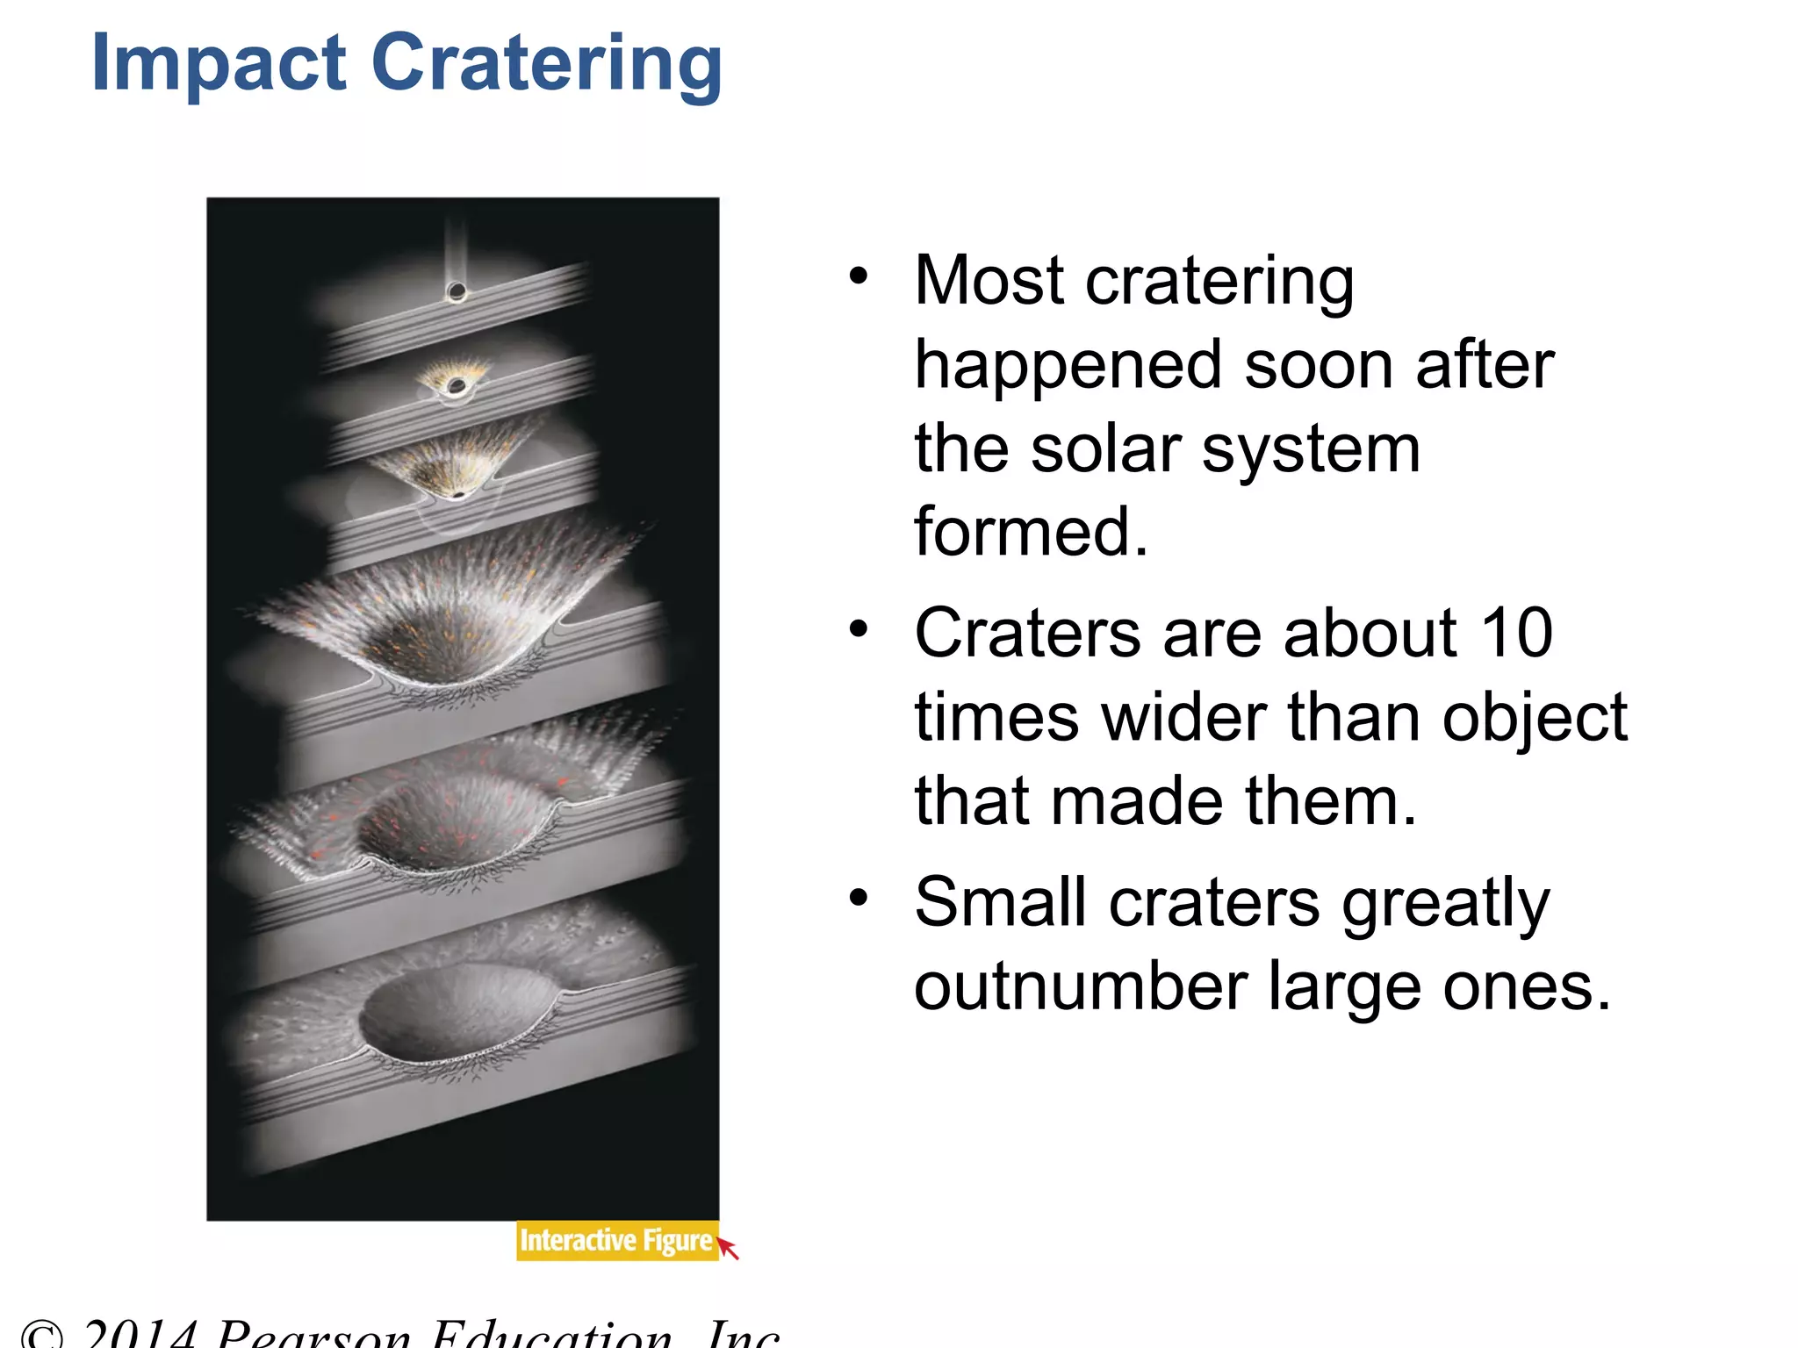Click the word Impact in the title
219,63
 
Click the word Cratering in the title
546,63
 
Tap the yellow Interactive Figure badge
615,1240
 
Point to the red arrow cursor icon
729,1247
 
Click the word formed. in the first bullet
1031,532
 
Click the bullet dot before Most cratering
859,277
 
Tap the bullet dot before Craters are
859,629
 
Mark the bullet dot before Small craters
859,898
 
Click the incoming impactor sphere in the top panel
457,291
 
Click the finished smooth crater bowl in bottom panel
457,1009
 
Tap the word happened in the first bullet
1068,365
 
